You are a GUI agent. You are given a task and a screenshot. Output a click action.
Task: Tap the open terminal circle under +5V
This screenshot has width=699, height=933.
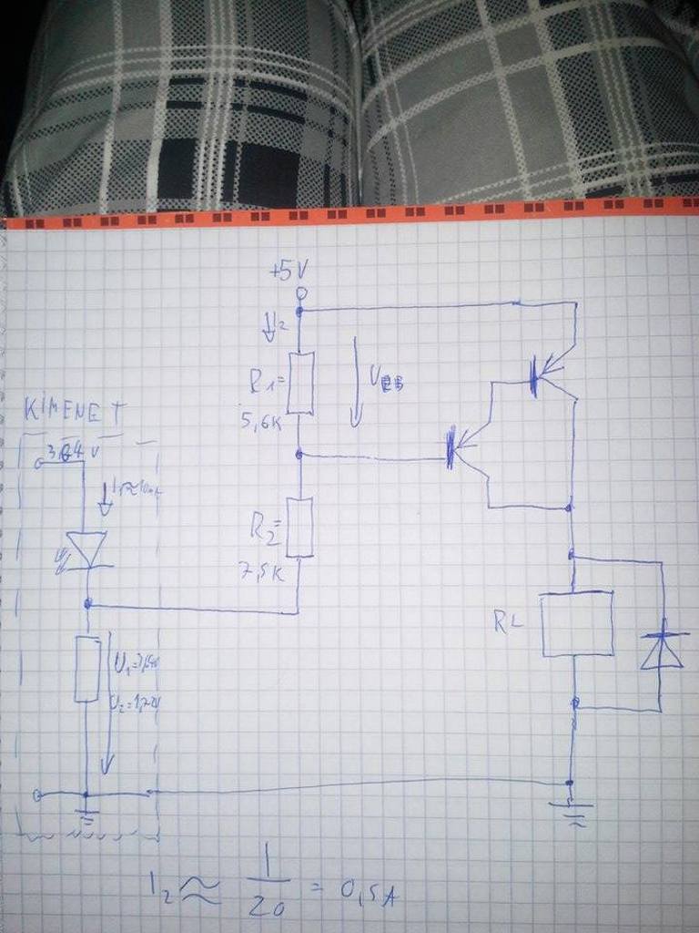click(x=301, y=292)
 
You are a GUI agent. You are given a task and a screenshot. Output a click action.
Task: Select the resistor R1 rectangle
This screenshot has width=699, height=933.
click(x=300, y=384)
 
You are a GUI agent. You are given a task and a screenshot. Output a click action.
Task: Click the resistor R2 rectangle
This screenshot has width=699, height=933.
click(x=300, y=528)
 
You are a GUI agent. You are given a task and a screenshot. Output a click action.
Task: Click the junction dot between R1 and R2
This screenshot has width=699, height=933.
click(x=300, y=453)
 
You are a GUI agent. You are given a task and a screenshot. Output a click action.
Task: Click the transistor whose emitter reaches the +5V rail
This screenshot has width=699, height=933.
click(x=542, y=374)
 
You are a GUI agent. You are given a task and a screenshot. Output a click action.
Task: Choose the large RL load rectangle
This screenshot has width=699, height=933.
click(x=576, y=624)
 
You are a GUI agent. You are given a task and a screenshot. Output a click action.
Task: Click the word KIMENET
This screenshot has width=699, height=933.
click(x=76, y=411)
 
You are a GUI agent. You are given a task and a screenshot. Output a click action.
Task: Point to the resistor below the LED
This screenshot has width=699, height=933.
click(x=86, y=669)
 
